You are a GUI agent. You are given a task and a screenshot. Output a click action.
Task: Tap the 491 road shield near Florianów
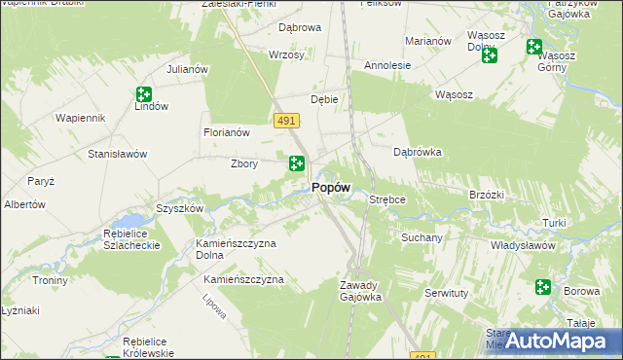pos(285,120)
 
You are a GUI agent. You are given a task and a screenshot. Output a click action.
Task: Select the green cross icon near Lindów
pos(144,94)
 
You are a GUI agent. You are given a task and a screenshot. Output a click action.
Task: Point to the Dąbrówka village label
pos(418,152)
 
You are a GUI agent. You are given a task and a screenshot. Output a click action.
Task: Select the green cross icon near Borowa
pos(542,287)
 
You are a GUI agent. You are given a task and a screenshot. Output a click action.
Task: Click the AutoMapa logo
pos(556,340)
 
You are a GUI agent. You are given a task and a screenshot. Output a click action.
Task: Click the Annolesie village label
pos(387,65)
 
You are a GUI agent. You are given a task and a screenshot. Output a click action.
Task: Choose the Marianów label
pos(427,41)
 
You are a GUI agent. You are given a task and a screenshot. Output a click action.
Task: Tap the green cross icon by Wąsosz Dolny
pos(490,55)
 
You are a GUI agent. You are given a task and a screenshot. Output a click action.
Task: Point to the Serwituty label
pos(447,292)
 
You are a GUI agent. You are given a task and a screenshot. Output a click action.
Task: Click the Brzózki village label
pos(486,195)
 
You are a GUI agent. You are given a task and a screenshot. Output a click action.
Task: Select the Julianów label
pos(188,69)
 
